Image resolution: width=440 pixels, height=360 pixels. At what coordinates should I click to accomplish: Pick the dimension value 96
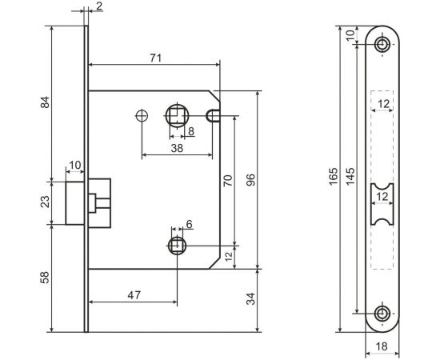pos(251,181)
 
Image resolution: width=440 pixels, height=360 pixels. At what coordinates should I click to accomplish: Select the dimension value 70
pos(227,181)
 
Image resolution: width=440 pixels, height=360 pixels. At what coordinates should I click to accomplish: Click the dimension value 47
pos(133,295)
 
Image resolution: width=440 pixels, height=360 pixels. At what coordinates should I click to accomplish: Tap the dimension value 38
pos(176,147)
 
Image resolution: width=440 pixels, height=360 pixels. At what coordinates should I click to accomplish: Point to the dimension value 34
pos(251,300)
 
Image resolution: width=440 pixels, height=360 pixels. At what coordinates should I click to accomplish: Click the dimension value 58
pos(45,277)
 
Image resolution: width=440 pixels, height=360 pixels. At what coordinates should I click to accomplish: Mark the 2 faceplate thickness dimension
pos(98,7)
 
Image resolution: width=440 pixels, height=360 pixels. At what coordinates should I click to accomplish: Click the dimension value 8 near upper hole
pos(190,130)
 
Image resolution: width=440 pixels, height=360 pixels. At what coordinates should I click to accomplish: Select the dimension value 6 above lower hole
pos(190,224)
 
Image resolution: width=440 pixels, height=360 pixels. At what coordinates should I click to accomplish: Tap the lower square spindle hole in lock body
pos(178,245)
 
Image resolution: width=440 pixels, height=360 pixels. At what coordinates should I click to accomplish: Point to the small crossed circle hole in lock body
pos(142,114)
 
